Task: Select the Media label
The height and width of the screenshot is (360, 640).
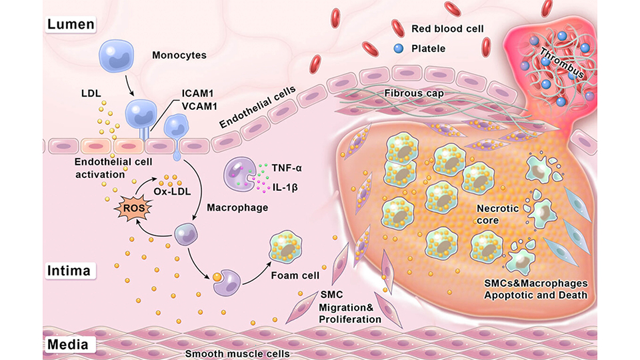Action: [x=69, y=345]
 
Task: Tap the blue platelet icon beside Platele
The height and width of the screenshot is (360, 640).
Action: [x=398, y=48]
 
